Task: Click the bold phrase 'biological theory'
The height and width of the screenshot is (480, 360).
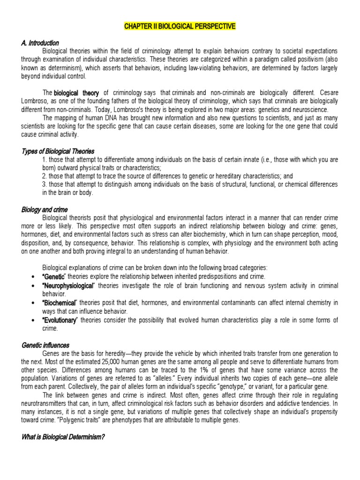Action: coord(76,93)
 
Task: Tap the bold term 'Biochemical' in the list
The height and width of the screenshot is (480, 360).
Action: coord(59,303)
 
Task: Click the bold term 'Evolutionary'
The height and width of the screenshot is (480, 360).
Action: coord(60,320)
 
